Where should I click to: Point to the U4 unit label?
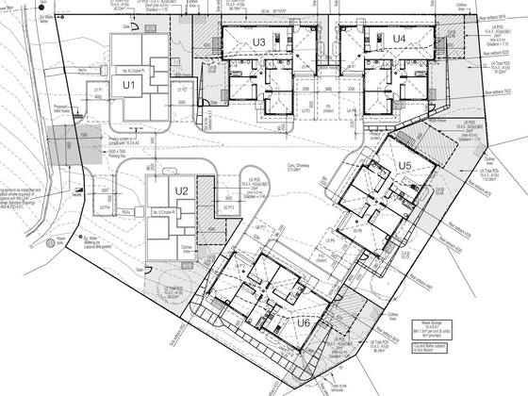(x=399, y=39)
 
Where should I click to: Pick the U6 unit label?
(x=304, y=322)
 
